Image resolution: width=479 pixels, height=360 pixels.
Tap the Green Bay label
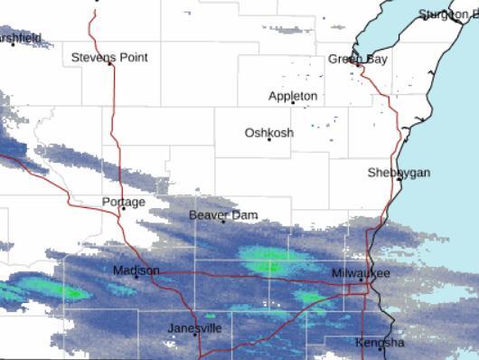point(357,60)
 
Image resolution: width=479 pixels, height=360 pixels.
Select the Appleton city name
point(293,96)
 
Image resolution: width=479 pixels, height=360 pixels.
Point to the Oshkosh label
point(268,133)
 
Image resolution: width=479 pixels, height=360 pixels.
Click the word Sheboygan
point(399,173)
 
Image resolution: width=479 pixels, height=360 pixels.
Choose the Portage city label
point(123,202)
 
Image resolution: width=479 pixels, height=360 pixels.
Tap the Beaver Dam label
point(223,215)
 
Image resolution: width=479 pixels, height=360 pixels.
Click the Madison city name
point(136,270)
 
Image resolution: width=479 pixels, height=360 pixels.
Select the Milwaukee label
point(361,272)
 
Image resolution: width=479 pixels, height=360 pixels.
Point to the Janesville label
point(194,328)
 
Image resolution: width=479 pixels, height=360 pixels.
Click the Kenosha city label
point(380,344)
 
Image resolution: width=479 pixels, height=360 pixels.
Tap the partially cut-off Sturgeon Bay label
point(449,14)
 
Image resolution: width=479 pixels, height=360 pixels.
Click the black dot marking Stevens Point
point(110,63)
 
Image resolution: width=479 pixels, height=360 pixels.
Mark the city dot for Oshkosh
point(268,139)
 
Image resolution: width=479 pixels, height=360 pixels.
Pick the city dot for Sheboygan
point(399,179)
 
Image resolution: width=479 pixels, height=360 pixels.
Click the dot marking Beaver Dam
point(223,221)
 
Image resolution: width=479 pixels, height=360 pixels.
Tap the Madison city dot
point(136,276)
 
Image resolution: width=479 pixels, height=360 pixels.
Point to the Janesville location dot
point(194,334)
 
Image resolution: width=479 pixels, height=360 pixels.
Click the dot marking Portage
point(123,208)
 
